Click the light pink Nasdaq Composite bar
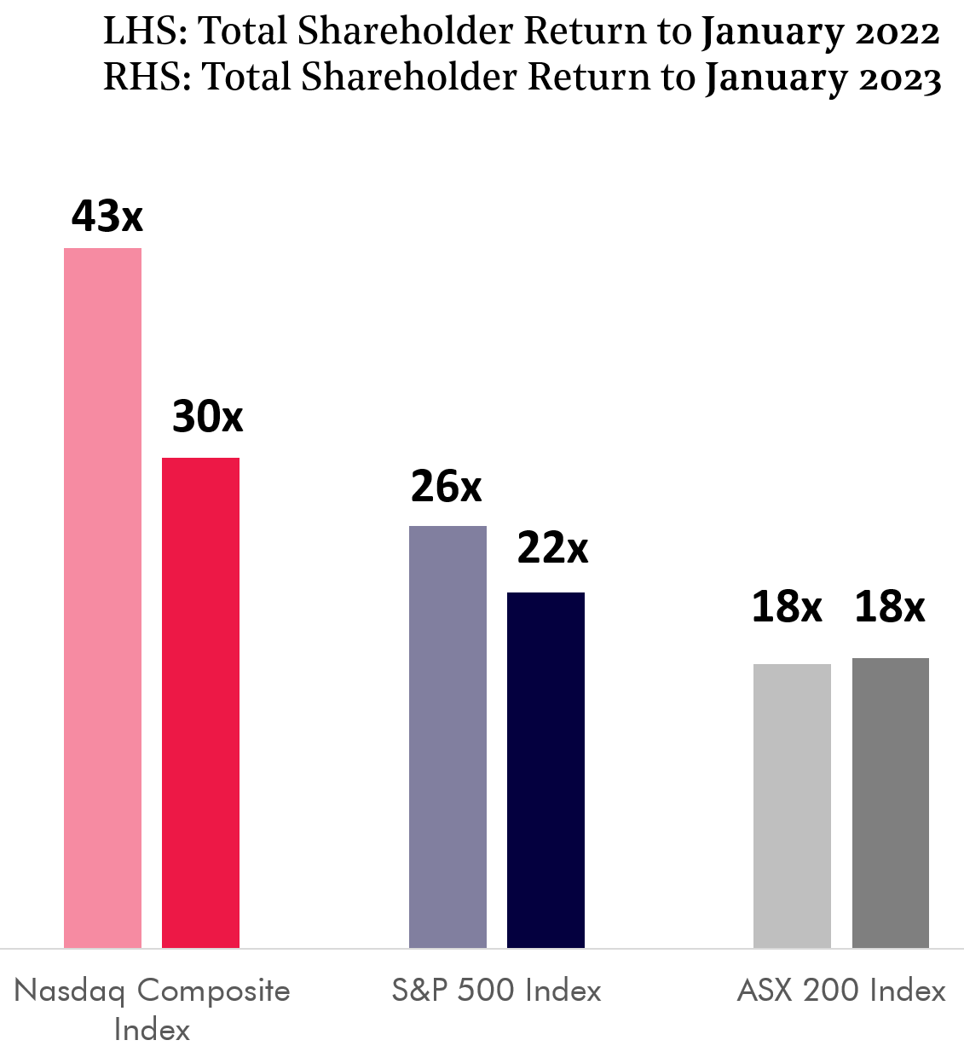(103, 597)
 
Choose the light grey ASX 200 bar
(792, 806)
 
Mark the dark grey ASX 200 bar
(890, 802)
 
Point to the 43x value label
(107, 216)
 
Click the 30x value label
(207, 416)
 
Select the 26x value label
(446, 486)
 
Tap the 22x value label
(552, 547)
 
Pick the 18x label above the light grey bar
(786, 607)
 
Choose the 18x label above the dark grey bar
(889, 607)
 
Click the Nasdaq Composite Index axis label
(152, 1008)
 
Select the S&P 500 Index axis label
(497, 990)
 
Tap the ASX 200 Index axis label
(841, 990)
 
